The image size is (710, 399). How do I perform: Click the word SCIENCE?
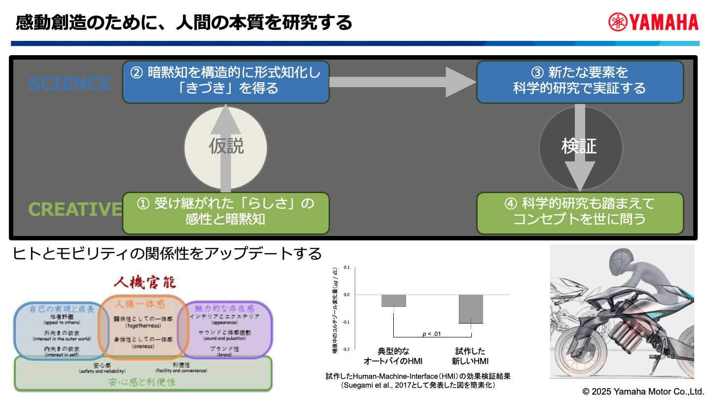(70, 83)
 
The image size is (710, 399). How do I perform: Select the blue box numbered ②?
(225, 81)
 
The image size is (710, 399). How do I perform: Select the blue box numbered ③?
(580, 81)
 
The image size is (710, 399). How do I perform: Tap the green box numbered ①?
(225, 212)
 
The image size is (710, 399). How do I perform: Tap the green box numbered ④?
(580, 212)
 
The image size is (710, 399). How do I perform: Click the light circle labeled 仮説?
(225, 146)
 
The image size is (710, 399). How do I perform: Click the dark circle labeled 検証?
(579, 146)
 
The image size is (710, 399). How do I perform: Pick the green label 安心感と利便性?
(143, 381)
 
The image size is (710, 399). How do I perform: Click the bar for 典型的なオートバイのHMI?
(394, 300)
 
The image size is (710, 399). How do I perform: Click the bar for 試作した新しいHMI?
(471, 309)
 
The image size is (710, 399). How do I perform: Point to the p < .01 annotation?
(432, 334)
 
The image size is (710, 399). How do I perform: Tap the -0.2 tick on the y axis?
(345, 349)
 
